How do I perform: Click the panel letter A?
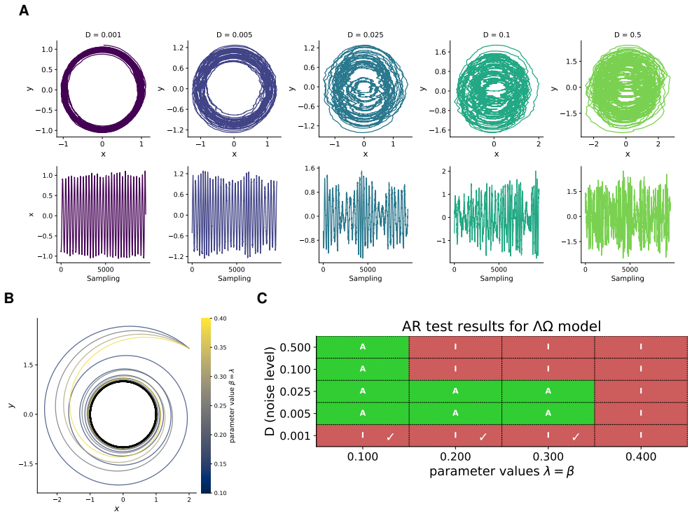point(24,10)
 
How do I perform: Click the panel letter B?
point(9,298)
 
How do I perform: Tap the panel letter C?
point(262,298)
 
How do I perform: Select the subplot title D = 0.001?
point(103,35)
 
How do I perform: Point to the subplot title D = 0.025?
point(366,35)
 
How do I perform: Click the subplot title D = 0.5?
point(628,35)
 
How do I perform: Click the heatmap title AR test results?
point(501,326)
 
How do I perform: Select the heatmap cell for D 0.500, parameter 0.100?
point(363,347)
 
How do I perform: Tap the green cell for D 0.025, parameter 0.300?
point(548,391)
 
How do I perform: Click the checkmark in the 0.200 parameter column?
point(483,437)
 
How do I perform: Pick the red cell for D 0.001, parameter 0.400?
point(641,435)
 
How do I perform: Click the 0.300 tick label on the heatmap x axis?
point(548,456)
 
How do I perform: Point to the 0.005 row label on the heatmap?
point(296,414)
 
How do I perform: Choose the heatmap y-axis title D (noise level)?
point(270,391)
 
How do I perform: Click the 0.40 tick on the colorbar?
point(220,319)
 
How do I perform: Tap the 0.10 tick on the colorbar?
point(220,493)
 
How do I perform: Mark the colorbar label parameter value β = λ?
point(232,406)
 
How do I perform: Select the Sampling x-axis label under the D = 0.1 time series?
point(497,278)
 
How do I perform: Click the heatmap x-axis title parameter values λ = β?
point(501,471)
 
